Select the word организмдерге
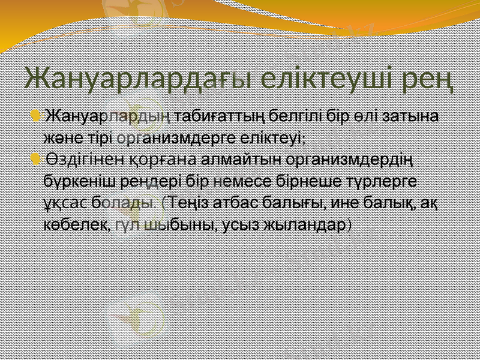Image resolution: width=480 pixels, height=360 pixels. [x=174, y=137]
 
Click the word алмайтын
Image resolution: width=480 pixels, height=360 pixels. [x=240, y=160]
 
